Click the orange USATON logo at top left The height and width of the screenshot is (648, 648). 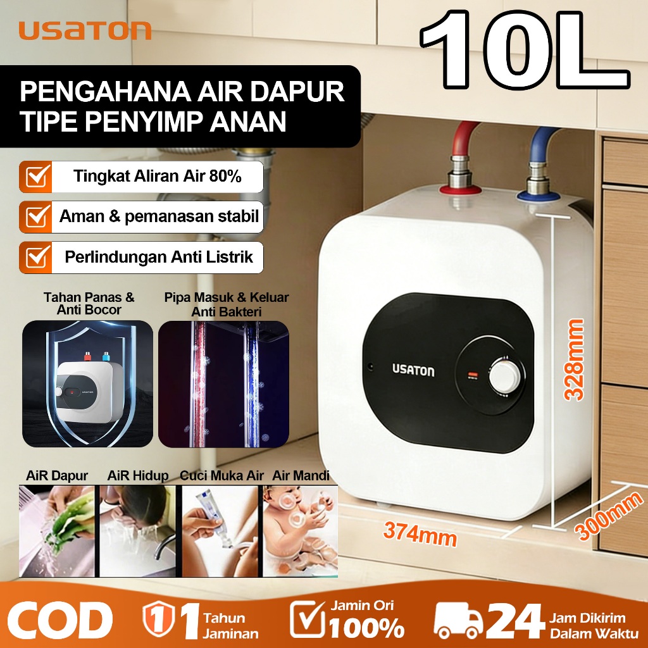[85, 30]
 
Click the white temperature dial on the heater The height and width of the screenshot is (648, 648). [505, 376]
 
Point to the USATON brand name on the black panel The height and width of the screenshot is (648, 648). [413, 370]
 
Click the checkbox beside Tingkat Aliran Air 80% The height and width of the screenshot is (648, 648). [35, 177]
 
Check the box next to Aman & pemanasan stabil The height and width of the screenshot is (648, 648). [35, 217]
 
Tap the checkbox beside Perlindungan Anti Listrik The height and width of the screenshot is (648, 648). [35, 257]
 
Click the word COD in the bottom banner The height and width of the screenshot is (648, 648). [61, 620]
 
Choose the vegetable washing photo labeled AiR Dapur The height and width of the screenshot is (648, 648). [58, 530]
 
